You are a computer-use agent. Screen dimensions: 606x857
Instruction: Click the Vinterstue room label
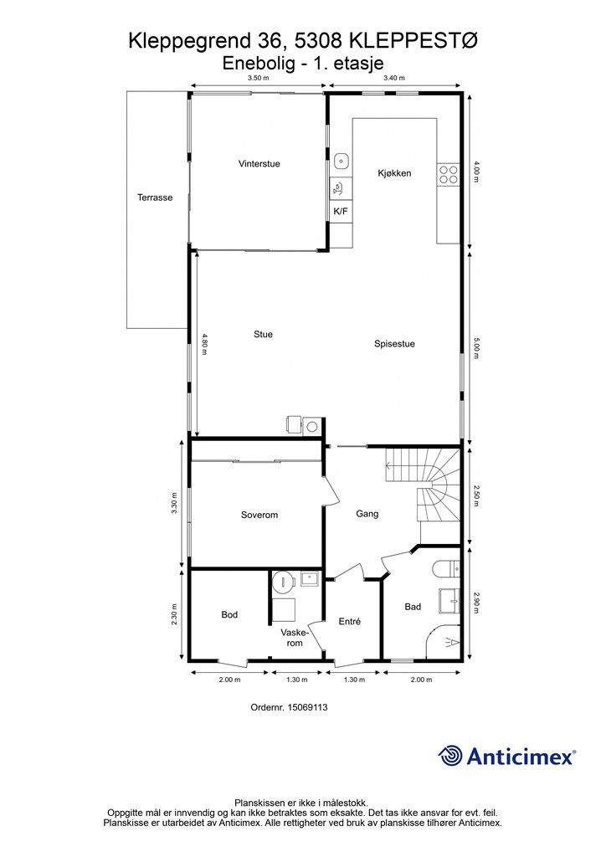tap(259, 163)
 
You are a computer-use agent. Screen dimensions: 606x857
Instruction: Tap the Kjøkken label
tap(394, 173)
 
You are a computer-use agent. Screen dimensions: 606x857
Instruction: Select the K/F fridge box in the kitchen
tap(341, 212)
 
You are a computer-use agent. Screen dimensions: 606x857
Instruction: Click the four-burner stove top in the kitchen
tap(449, 174)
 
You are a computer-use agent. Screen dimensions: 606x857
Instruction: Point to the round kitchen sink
tap(342, 161)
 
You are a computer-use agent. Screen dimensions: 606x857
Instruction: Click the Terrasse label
tap(155, 198)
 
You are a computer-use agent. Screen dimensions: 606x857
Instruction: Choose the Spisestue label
tap(394, 344)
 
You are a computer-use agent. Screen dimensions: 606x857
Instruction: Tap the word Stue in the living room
tap(263, 335)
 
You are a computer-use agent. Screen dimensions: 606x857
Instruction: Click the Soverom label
tap(259, 515)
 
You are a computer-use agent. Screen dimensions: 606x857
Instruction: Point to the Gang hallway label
tap(367, 514)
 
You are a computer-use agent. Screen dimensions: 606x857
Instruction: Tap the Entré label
tap(350, 622)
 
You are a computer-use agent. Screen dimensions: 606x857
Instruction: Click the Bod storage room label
tap(229, 615)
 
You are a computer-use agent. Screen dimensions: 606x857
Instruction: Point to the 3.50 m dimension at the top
tap(259, 78)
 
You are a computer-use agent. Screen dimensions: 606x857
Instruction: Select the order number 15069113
tap(289, 707)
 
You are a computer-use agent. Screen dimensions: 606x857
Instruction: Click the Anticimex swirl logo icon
tap(450, 756)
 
